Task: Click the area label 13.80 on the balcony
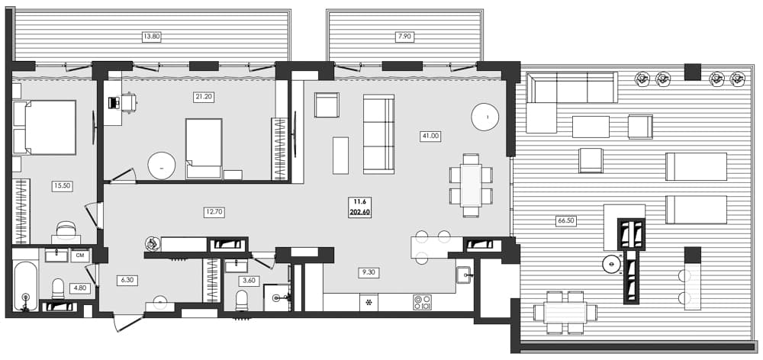(152, 36)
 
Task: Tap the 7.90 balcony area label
(404, 36)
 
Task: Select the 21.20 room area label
(204, 97)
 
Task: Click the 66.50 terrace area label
(565, 220)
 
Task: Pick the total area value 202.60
(359, 213)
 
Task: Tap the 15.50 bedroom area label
(62, 185)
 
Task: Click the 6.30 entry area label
(126, 280)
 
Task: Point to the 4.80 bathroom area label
(80, 288)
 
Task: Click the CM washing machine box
(79, 256)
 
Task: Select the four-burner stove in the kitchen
(422, 302)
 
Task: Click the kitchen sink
(463, 275)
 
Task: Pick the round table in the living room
(485, 117)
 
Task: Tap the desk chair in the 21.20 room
(128, 101)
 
